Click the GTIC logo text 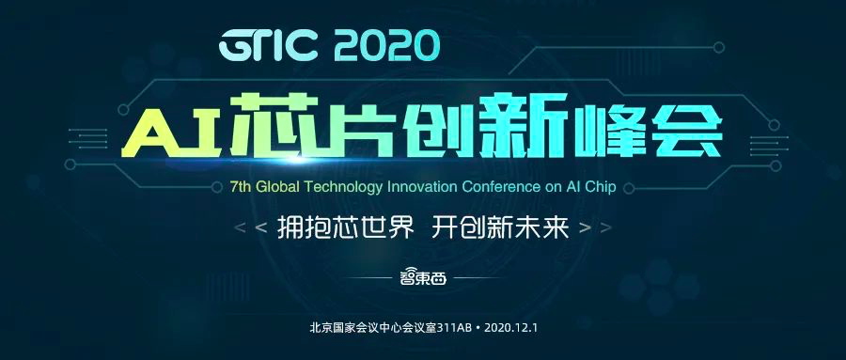(x=268, y=46)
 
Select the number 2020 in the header (x=387, y=46)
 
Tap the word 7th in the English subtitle (x=240, y=187)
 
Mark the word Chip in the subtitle (x=600, y=188)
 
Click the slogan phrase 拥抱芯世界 (x=346, y=228)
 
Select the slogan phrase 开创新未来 (x=501, y=228)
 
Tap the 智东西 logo (x=423, y=277)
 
